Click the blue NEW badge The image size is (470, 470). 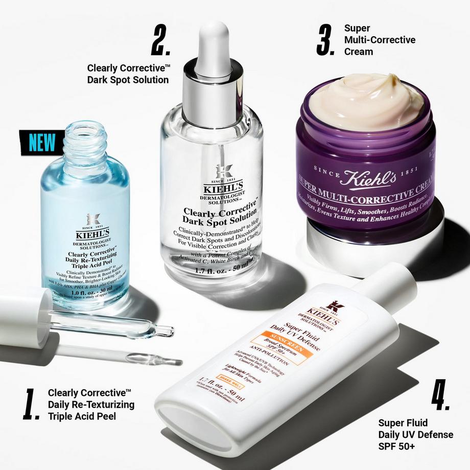[42, 142]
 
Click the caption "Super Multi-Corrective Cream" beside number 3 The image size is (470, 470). [380, 40]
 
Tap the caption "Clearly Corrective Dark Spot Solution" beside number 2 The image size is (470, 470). [128, 74]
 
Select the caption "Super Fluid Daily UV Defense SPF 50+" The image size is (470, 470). [415, 434]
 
